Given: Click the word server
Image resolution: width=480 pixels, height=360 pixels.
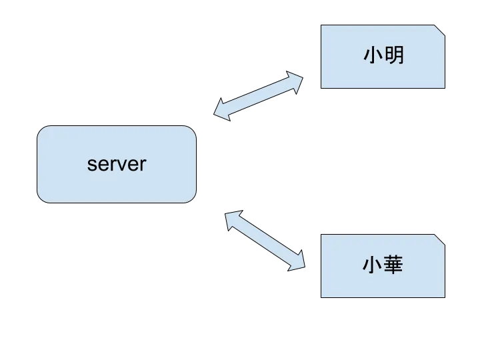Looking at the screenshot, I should (117, 164).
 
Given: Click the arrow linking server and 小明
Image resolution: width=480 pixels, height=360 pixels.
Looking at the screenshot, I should (259, 97).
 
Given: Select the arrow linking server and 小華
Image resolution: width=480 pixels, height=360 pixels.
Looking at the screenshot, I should (266, 240).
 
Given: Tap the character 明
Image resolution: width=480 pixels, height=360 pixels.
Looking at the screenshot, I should (394, 55).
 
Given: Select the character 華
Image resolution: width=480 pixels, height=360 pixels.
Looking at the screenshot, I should (394, 266).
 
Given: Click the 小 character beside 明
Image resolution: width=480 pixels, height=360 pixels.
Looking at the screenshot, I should (373, 55).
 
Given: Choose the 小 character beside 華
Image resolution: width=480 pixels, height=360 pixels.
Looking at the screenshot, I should (373, 266).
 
